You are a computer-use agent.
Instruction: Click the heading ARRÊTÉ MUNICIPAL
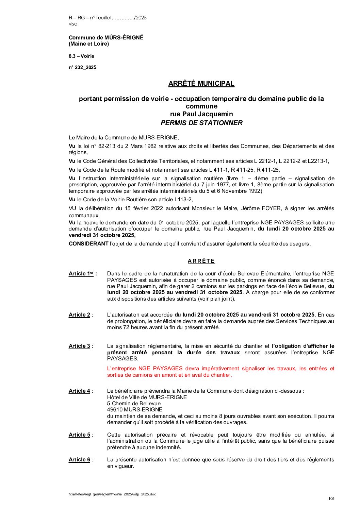(201, 84)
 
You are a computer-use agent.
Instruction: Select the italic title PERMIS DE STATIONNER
(201, 123)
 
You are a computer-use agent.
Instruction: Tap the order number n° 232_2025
(82, 67)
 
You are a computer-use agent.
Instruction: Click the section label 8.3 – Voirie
(81, 56)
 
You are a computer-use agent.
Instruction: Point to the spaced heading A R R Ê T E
(201, 261)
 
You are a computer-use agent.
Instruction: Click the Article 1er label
(81, 274)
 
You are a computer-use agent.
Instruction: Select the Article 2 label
(79, 315)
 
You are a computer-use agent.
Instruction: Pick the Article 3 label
(79, 346)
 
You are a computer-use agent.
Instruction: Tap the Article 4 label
(79, 391)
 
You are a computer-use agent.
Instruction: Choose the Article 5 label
(79, 435)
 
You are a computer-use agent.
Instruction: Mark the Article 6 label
(79, 460)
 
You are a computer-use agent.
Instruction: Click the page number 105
(331, 499)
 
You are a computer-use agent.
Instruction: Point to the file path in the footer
(112, 494)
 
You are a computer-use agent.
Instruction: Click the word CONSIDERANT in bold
(88, 244)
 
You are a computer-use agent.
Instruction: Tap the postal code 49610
(115, 410)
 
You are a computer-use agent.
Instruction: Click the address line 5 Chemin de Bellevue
(134, 404)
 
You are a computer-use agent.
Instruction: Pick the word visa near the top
(73, 24)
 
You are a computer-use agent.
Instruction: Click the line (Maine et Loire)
(89, 44)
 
